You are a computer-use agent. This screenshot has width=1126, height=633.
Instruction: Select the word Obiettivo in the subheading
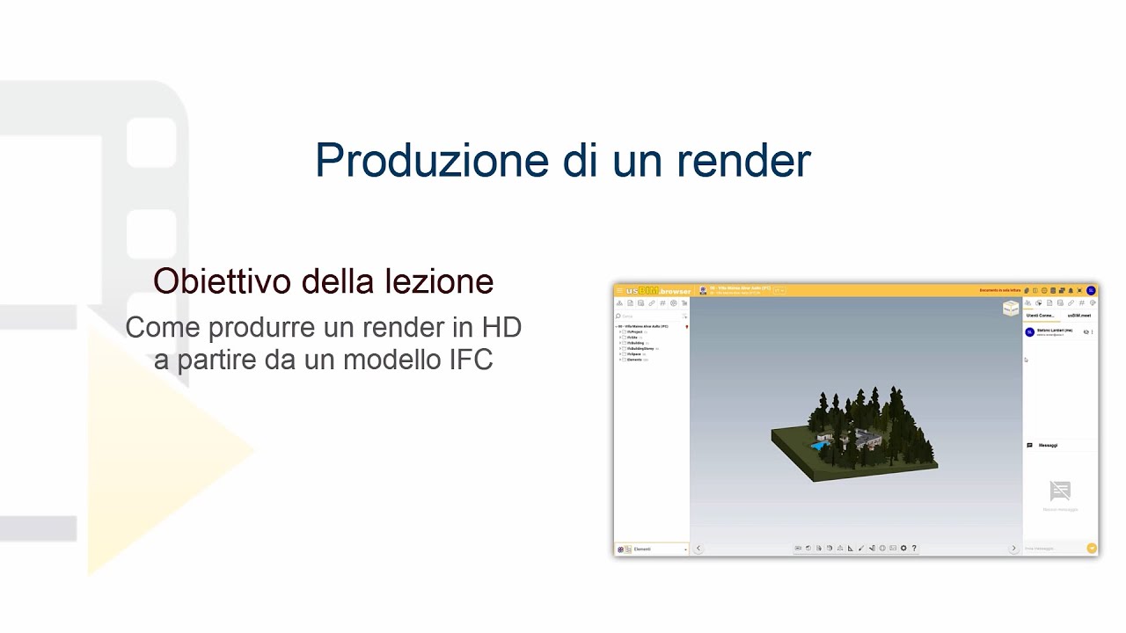tap(221, 281)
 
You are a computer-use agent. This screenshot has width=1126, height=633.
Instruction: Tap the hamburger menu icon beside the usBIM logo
tap(619, 290)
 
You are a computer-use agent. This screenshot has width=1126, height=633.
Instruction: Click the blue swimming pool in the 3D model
tap(820, 446)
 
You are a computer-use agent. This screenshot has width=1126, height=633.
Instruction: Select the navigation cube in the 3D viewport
tap(1011, 308)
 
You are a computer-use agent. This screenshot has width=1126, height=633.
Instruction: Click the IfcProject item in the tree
tap(635, 331)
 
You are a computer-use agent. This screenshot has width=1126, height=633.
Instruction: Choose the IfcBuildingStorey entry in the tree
tap(640, 348)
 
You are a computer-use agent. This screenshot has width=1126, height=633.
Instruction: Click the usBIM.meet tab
tap(1078, 315)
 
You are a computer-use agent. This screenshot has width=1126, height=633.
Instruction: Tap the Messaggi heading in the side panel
tap(1048, 445)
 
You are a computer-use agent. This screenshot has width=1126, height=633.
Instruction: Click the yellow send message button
tap(1092, 548)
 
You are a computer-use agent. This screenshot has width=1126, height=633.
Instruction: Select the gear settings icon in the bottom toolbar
tap(903, 548)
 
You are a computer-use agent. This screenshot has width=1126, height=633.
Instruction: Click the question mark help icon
tap(914, 548)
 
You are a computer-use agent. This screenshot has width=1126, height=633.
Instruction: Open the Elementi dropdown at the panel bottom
tap(652, 549)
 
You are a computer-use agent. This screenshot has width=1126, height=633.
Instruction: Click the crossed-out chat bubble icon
tap(1060, 490)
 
